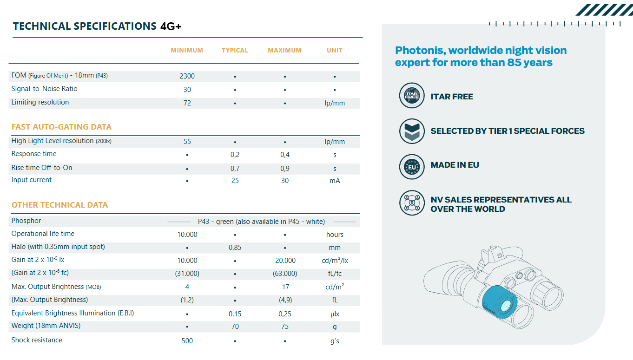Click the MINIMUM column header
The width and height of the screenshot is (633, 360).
pos(187,50)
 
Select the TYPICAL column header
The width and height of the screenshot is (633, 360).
pos(235,50)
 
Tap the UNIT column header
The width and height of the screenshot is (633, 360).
pos(335,50)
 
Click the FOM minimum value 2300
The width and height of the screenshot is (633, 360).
pos(187,76)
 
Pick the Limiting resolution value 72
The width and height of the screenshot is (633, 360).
pos(187,103)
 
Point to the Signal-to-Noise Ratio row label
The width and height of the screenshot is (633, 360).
pos(45,89)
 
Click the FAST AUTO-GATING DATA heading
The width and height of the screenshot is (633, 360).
pos(61,127)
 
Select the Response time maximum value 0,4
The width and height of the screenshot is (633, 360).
pos(285,155)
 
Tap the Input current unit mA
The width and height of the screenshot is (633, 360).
pos(335,181)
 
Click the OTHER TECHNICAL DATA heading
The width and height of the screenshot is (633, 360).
pos(59,205)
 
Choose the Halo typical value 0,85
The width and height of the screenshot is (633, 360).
pos(235,248)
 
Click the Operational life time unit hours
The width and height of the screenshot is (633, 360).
pos(335,235)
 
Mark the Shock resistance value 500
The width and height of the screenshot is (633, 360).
pos(187,341)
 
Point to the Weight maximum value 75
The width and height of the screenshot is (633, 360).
pos(285,327)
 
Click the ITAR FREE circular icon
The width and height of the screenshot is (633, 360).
pos(412,96)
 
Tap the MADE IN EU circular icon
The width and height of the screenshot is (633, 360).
pos(412,166)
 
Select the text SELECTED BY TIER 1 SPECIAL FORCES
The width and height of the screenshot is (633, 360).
pos(508,131)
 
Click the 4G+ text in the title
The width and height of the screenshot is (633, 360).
pos(171,26)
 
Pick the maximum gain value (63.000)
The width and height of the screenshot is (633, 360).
pos(285,274)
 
